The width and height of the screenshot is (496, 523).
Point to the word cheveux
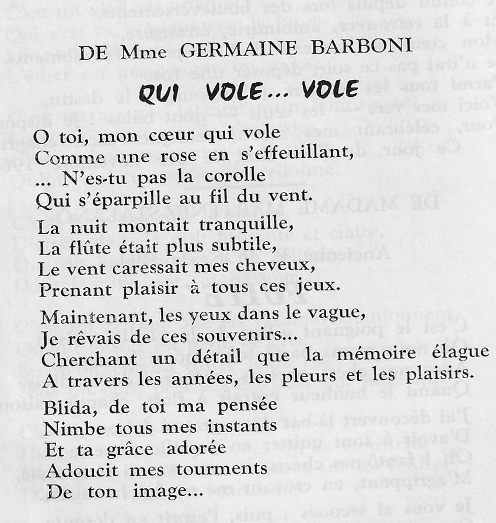point(278,267)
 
